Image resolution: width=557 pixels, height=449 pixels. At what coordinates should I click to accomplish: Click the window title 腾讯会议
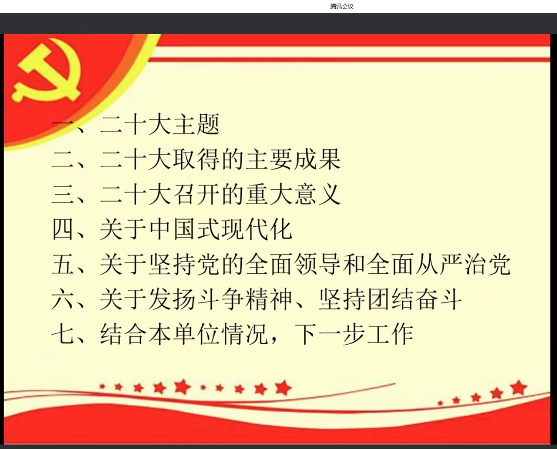tap(342, 6)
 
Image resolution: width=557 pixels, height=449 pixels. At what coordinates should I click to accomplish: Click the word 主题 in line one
tap(196, 125)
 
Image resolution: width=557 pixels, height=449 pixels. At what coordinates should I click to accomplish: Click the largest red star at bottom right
tap(518, 387)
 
